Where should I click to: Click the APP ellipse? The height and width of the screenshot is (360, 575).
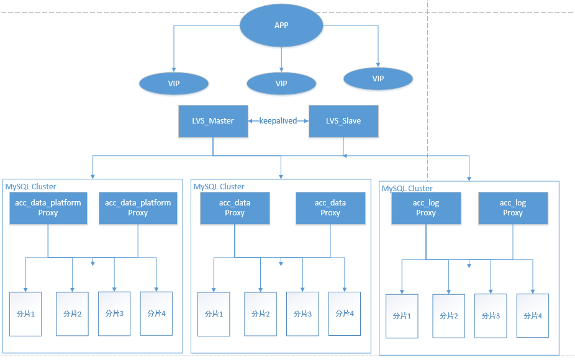pyautogui.click(x=281, y=25)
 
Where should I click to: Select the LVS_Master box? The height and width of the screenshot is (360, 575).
pyautogui.click(x=213, y=120)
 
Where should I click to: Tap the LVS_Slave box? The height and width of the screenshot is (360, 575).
pyautogui.click(x=343, y=120)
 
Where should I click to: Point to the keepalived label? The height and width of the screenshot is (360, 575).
pyautogui.click(x=279, y=120)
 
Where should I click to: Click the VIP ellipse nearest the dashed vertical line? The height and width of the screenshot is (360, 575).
pyautogui.click(x=378, y=78)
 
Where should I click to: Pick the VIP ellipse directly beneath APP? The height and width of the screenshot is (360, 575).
pyautogui.click(x=281, y=83)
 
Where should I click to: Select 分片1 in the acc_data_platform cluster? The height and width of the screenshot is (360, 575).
pyautogui.click(x=25, y=313)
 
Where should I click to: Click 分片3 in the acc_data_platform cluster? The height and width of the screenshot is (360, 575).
pyautogui.click(x=114, y=313)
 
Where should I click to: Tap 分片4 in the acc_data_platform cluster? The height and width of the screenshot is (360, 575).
pyautogui.click(x=156, y=313)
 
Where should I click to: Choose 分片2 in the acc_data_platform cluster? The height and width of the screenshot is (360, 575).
pyautogui.click(x=72, y=313)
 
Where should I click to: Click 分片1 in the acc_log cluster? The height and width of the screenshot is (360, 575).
pyautogui.click(x=402, y=316)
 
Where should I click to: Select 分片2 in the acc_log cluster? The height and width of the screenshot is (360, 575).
pyautogui.click(x=448, y=316)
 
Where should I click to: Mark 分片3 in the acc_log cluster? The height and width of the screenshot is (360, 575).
pyautogui.click(x=491, y=315)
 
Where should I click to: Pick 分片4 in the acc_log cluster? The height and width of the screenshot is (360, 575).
pyautogui.click(x=533, y=315)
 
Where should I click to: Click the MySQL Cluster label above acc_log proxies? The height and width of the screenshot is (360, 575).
pyautogui.click(x=407, y=188)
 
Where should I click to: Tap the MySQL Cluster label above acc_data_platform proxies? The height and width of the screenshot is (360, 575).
pyautogui.click(x=31, y=186)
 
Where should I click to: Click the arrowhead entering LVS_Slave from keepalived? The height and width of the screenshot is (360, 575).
pyautogui.click(x=306, y=120)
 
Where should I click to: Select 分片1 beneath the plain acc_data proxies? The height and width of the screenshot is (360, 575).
pyautogui.click(x=214, y=313)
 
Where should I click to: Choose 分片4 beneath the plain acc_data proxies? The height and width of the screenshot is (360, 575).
pyautogui.click(x=345, y=313)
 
